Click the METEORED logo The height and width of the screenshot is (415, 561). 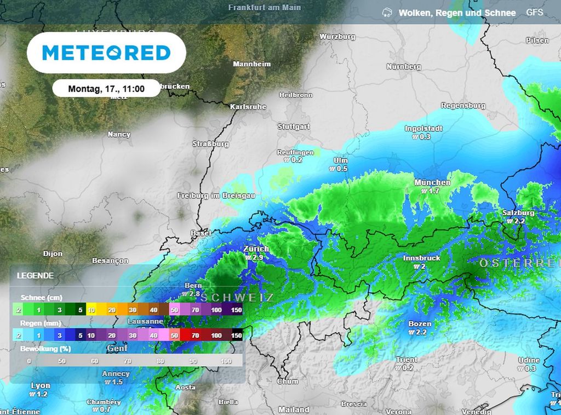coord(106,53)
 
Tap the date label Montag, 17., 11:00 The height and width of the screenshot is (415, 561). coord(106,88)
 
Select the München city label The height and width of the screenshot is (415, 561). coord(432,182)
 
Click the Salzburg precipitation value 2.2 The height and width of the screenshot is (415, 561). coord(517,221)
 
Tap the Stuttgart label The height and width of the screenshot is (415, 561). coord(294,126)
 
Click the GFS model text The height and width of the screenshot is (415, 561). coord(535,12)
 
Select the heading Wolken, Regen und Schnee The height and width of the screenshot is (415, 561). coord(457,13)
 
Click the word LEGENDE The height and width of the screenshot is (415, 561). coord(35,275)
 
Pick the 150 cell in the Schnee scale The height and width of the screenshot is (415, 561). coord(236,310)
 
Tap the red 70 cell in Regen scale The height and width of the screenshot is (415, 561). coord(194,335)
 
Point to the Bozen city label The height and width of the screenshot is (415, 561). coord(420,324)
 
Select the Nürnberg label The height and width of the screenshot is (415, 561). coord(404,67)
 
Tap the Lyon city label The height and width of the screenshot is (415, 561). coord(41,385)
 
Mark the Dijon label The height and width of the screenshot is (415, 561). coord(53,253)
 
